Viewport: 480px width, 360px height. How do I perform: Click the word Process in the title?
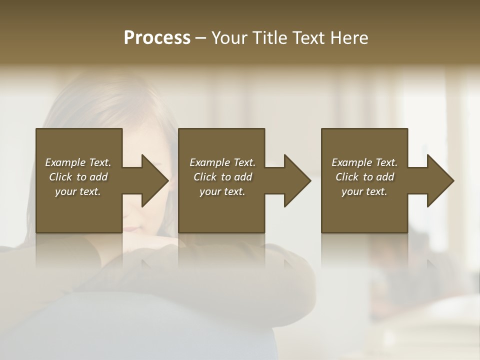coord(157,38)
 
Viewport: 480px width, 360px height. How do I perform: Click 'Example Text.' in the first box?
coord(78,162)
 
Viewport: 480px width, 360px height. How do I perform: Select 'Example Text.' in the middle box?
coord(222,162)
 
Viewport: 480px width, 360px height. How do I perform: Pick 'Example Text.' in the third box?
coord(364,162)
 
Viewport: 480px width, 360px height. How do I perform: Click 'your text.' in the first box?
coord(78,191)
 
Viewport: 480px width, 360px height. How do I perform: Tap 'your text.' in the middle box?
coord(222,191)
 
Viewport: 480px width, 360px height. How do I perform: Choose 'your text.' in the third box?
coord(364,191)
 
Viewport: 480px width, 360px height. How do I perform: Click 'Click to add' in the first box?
coord(78,177)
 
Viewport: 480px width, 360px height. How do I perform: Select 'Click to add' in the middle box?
coord(222,177)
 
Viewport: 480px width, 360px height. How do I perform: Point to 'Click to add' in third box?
coord(364,177)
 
